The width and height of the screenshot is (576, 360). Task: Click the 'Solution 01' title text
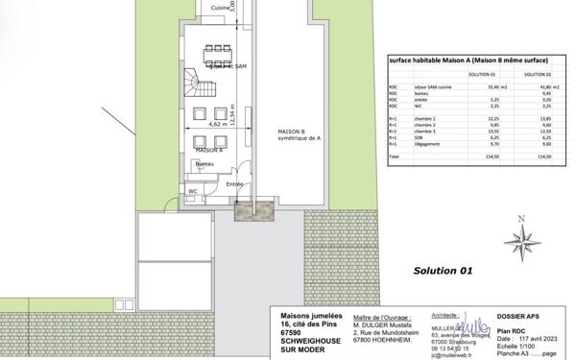pos(443,271)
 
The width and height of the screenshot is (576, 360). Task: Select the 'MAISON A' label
pos(208,151)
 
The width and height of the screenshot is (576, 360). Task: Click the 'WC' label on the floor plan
pos(193,191)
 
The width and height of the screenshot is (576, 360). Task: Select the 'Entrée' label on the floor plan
pos(234,184)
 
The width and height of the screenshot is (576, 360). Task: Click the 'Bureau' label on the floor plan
pos(204,165)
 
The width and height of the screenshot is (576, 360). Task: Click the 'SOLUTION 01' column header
pos(481,74)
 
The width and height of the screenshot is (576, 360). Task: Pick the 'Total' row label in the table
pos(394,155)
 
